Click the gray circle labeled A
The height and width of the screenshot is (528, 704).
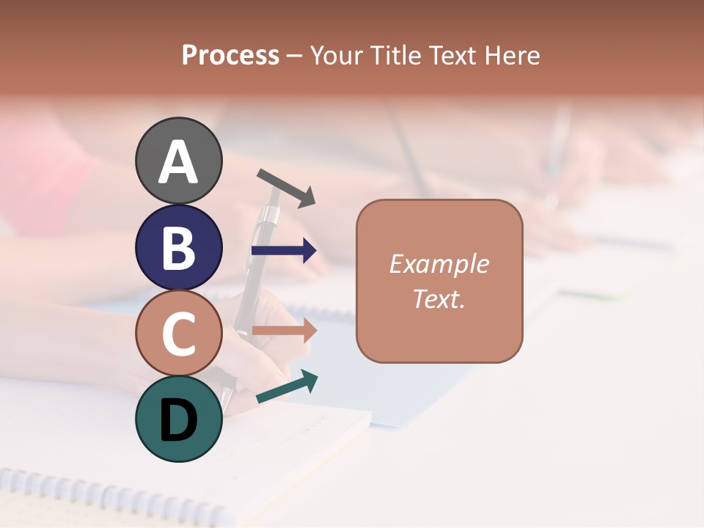(x=178, y=161)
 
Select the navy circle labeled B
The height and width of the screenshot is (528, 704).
(x=178, y=247)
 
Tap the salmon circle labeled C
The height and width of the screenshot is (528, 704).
(x=178, y=333)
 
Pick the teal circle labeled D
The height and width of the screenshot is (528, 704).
(x=178, y=419)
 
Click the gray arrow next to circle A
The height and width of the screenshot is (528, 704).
(x=286, y=187)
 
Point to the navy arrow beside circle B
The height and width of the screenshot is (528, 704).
(x=284, y=251)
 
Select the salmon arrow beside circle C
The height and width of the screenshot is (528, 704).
(x=284, y=331)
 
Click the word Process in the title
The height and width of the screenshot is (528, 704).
(x=230, y=55)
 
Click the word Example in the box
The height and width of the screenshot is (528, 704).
(x=439, y=264)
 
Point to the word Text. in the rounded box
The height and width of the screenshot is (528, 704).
(x=439, y=298)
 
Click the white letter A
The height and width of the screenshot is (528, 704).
(x=178, y=162)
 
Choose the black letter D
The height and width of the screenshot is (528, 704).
(x=178, y=421)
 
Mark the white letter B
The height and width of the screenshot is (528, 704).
(x=178, y=248)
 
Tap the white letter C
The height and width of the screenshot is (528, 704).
(x=178, y=334)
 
